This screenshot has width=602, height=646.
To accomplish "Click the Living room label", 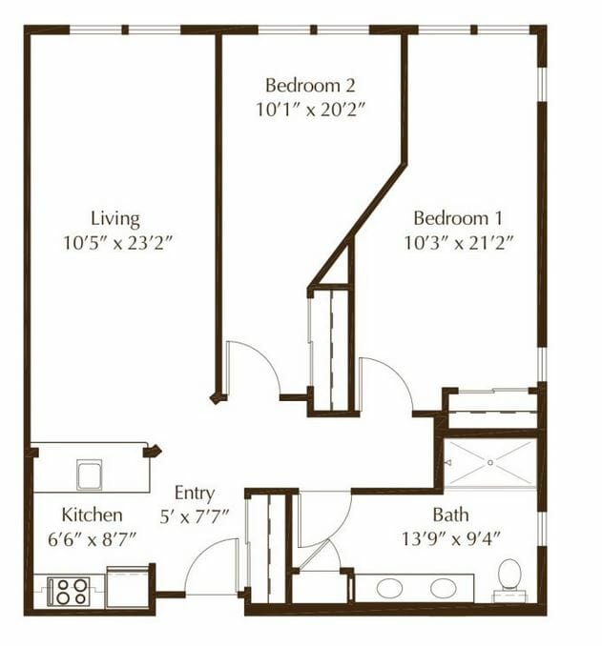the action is pos(115,219).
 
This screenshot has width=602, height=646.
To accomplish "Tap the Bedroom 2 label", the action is pos(310,86).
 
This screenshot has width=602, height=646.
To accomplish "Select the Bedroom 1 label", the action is pos(458,218).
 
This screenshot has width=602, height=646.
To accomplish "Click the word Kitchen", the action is pos(92,515).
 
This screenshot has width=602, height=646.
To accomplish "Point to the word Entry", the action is pos(195,494).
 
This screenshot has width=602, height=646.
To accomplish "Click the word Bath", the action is pos(450,515).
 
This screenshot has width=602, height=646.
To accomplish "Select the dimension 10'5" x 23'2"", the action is pos(116,243).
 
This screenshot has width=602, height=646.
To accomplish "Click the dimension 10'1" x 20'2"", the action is pos(311,110).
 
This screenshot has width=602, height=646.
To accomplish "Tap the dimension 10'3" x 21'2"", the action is pos(458,243).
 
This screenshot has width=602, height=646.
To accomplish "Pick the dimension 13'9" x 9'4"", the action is pos(451,538).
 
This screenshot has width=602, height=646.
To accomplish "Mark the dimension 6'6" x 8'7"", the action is pos(92,539).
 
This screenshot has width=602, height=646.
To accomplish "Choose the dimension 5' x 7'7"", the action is pos(194,516).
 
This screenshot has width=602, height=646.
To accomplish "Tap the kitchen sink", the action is pos(89,474).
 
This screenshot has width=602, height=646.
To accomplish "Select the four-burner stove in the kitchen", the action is pos(69,591).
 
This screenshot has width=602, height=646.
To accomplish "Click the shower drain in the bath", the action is pos(490,463).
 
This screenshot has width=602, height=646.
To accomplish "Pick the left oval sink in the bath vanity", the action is pos(389,588).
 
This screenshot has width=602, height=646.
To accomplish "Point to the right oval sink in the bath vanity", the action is pos(443,588).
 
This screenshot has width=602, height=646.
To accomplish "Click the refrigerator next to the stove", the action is pos(128,587).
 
